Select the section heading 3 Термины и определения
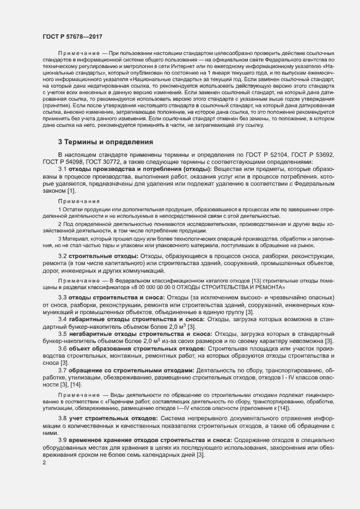[106, 142]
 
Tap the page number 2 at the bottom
[44, 463]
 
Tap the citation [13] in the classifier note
[255, 279]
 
